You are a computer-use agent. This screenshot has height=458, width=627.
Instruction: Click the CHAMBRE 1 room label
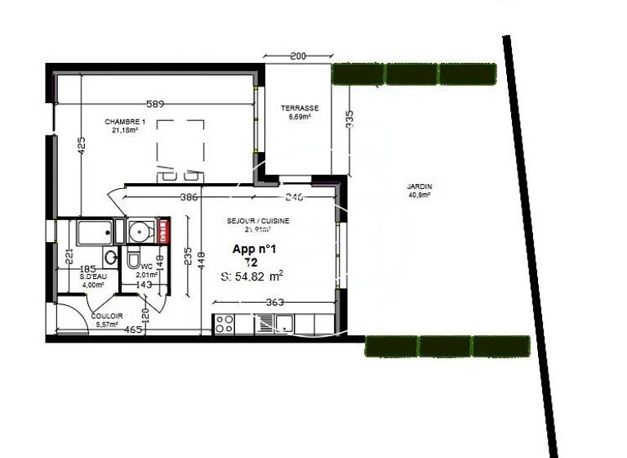[124, 123]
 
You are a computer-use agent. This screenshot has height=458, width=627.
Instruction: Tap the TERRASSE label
[300, 109]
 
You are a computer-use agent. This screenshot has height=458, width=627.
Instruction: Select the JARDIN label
[419, 186]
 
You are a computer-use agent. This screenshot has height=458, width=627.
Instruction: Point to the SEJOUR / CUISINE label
[257, 221]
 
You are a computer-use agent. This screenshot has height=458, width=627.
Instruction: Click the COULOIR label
[107, 316]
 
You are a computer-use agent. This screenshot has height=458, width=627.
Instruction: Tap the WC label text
[146, 267]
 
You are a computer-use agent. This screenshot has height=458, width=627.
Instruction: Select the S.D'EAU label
[92, 277]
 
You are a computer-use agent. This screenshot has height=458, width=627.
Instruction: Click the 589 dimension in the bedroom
[156, 104]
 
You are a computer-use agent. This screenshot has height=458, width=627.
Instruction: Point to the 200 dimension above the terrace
[297, 56]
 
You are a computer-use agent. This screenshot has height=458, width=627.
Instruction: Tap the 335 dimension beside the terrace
[349, 119]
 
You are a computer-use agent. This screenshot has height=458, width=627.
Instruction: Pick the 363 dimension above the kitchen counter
[274, 303]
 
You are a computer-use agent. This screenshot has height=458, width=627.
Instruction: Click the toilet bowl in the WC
[133, 260]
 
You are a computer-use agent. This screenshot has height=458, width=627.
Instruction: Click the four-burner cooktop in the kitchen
[224, 324]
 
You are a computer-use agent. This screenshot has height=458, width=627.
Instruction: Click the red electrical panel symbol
[162, 231]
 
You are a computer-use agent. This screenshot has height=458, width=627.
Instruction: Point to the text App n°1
[255, 249]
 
